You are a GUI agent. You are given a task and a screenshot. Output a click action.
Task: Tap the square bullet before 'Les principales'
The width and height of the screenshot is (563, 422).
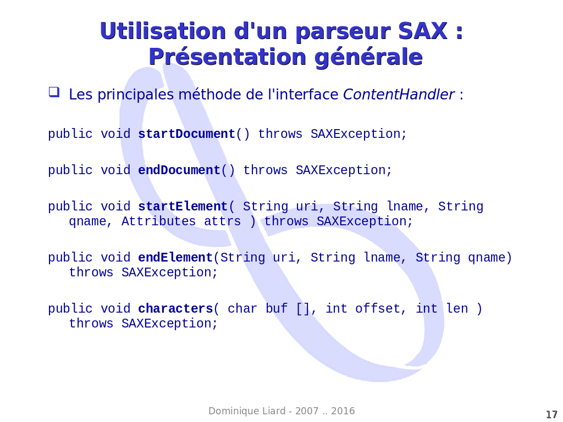[54, 92]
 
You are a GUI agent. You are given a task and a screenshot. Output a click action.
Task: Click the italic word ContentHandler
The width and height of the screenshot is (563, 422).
[399, 95]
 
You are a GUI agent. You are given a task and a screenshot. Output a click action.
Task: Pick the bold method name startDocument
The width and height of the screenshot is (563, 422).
[187, 134]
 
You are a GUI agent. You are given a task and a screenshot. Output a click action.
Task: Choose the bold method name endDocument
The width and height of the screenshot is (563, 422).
[179, 170]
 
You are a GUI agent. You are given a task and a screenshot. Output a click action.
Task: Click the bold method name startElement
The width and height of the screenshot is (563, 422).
[183, 207]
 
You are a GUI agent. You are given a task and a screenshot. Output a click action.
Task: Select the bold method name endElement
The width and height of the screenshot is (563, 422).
[175, 258]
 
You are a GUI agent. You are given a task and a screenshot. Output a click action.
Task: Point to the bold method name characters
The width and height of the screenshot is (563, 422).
[176, 309]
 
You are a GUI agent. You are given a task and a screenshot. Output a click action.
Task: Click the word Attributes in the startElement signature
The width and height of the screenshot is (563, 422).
[159, 221]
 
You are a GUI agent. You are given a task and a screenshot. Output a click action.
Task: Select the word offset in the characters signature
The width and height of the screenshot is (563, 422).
[377, 309]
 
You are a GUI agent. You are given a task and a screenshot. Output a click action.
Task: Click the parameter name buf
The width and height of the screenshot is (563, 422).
[277, 309]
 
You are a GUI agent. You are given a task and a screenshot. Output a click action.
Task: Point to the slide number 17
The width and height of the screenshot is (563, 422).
[551, 414]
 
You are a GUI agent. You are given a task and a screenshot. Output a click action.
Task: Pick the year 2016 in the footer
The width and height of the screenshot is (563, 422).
[343, 411]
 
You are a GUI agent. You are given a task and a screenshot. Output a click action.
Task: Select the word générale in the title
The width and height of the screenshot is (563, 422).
[369, 57]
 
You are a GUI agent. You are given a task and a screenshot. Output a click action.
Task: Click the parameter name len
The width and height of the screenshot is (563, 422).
[457, 309]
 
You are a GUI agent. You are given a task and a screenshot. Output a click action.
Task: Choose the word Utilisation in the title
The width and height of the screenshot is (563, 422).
[163, 31]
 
